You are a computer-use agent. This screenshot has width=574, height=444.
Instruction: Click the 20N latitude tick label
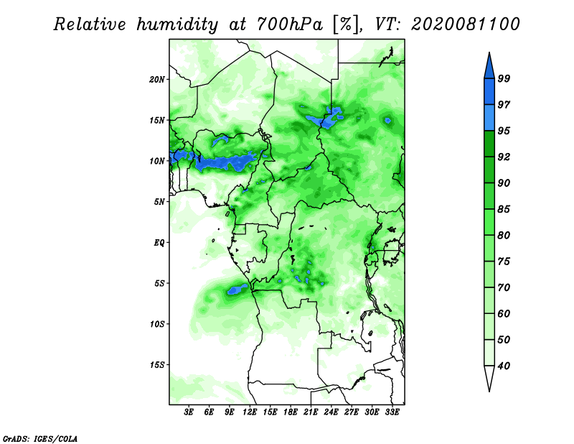(157, 80)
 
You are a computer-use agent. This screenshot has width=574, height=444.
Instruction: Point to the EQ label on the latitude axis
(159, 243)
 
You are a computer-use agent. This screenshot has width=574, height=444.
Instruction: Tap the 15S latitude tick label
(157, 365)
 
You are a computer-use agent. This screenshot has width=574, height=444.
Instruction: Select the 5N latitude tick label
(159, 202)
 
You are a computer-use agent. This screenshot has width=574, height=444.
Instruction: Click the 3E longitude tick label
(189, 412)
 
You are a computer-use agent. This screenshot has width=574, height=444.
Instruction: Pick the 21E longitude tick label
(311, 412)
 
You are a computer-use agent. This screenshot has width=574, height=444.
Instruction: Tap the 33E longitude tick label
(392, 412)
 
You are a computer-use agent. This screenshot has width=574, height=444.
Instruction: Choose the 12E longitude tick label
(250, 412)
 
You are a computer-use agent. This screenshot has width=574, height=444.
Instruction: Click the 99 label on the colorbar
(504, 78)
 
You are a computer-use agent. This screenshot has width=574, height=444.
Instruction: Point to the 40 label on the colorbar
(504, 366)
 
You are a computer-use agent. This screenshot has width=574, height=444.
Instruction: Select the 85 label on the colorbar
(504, 209)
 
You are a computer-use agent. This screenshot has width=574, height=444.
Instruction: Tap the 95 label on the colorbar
(504, 131)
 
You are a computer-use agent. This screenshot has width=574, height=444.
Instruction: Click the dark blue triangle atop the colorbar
(489, 68)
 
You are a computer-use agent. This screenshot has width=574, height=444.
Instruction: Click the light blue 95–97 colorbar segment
(489, 118)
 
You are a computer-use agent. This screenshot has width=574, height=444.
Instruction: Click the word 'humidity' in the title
(177, 24)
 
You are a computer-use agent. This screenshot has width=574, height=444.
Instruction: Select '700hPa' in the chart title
(290, 24)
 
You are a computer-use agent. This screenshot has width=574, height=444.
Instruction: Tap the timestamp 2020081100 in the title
(465, 24)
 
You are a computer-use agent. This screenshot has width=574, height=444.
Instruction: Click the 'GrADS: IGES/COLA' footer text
(40, 438)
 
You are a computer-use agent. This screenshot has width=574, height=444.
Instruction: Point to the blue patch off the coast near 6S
(237, 289)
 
